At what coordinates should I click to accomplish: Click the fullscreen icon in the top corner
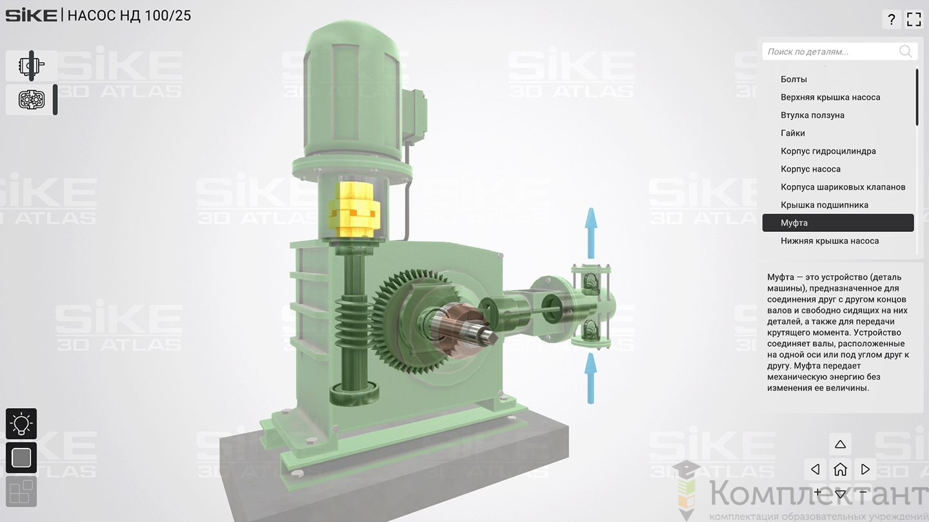point(914,19)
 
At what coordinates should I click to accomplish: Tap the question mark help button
point(892,19)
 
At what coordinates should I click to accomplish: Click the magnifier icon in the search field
point(905,52)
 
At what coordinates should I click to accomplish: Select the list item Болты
point(794,79)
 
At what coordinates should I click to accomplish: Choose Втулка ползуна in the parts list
point(812,115)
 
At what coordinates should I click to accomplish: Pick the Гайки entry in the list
point(792,133)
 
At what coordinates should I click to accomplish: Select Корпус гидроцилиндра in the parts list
point(828,151)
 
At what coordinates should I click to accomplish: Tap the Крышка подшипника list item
point(824,205)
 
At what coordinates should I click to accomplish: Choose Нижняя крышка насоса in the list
point(830,241)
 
